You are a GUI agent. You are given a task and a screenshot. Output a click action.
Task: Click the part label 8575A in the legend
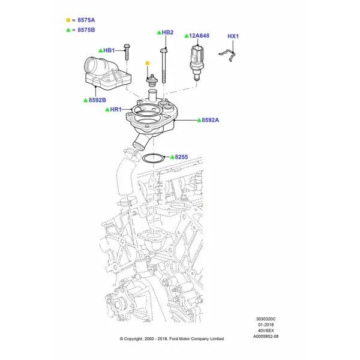[x=86, y=20]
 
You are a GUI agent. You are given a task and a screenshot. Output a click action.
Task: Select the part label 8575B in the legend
[x=86, y=30]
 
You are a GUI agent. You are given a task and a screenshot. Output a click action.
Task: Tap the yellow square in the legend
[x=68, y=20]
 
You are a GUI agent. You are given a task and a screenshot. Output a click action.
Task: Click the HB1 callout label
[x=109, y=50]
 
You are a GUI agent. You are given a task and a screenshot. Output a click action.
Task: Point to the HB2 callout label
[x=167, y=32]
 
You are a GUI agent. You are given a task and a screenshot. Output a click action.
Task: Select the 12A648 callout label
[x=199, y=35]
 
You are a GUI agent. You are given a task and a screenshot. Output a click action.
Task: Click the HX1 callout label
[x=233, y=36]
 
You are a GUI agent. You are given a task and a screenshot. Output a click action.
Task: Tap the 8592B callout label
[x=97, y=100]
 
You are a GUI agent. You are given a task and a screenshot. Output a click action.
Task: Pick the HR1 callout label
[x=116, y=110]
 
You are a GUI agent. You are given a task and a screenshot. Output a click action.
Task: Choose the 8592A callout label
[x=211, y=120]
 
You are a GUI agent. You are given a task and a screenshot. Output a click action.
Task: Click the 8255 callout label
[x=181, y=157]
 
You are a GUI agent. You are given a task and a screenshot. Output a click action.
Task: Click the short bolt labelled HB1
[x=127, y=52]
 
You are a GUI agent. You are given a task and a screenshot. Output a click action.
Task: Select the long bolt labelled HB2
[x=163, y=65]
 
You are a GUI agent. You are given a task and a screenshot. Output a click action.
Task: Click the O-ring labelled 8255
[x=153, y=163]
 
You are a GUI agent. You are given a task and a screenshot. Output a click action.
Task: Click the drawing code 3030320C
[x=266, y=319]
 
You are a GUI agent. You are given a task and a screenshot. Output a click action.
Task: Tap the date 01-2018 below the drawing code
[x=266, y=325]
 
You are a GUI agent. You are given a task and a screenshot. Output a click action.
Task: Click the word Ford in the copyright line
[x=173, y=338]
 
